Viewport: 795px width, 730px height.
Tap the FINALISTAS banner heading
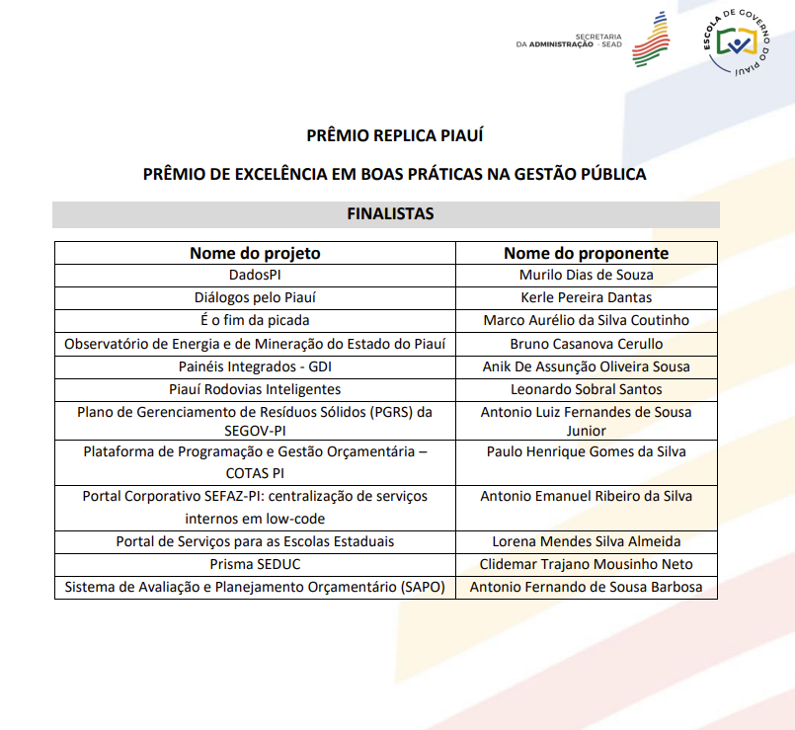point(389,213)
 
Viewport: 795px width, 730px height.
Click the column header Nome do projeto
point(255,253)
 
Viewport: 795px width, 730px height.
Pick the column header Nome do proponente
point(586,253)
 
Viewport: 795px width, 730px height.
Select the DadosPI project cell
point(255,276)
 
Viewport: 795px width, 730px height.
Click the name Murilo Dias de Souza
point(586,276)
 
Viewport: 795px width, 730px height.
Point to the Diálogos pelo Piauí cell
point(255,297)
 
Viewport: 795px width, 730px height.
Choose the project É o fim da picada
point(255,320)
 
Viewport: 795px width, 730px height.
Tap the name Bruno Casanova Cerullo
point(586,344)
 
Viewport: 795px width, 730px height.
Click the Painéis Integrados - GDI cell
point(255,366)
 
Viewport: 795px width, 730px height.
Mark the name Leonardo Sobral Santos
point(586,389)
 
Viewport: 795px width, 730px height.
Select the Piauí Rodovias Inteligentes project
point(255,389)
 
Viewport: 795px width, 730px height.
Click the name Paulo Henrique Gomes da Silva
point(586,451)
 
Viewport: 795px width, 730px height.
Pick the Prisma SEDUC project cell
point(255,564)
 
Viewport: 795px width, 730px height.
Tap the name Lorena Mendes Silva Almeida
point(586,541)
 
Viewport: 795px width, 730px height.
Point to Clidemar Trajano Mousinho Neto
point(586,564)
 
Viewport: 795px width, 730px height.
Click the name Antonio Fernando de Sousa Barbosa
point(586,588)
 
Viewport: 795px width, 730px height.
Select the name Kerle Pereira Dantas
point(586,297)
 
